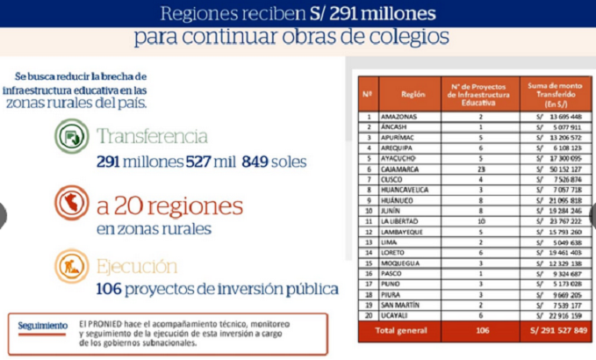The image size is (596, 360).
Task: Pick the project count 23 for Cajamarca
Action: pyautogui.click(x=480, y=169)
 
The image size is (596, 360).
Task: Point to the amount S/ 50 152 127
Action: pyautogui.click(x=553, y=169)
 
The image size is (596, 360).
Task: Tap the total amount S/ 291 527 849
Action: pyautogui.click(x=552, y=330)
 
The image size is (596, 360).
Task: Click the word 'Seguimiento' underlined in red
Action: pyautogui.click(x=43, y=326)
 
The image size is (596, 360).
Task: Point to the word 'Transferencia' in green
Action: pyautogui.click(x=153, y=136)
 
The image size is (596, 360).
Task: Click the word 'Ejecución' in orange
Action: pyautogui.click(x=137, y=265)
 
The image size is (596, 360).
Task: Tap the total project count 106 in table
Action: pyautogui.click(x=480, y=330)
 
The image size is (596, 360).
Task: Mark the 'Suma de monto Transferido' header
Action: pyautogui.click(x=552, y=92)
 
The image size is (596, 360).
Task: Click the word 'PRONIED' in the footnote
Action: pyautogui.click(x=109, y=322)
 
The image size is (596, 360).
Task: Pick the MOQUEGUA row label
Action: pyautogui.click(x=399, y=263)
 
